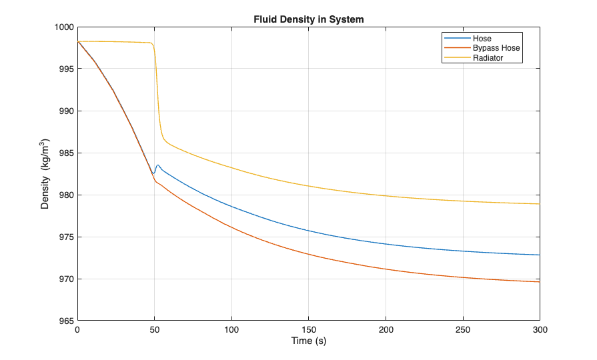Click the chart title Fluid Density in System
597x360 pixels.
pyautogui.click(x=309, y=19)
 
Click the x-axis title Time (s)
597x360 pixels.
pyautogui.click(x=309, y=341)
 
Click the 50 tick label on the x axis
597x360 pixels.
pyautogui.click(x=155, y=330)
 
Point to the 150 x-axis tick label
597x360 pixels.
pyautogui.click(x=309, y=330)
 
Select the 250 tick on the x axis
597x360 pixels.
pyautogui.click(x=463, y=330)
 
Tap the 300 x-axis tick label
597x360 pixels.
pyautogui.click(x=540, y=330)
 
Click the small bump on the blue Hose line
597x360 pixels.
pyautogui.click(x=157, y=165)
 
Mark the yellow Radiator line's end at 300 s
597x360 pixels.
pyautogui.click(x=539, y=204)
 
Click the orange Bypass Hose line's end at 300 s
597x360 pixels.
pyautogui.click(x=539, y=282)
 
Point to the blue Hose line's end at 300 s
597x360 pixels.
pyautogui.click(x=539, y=255)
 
